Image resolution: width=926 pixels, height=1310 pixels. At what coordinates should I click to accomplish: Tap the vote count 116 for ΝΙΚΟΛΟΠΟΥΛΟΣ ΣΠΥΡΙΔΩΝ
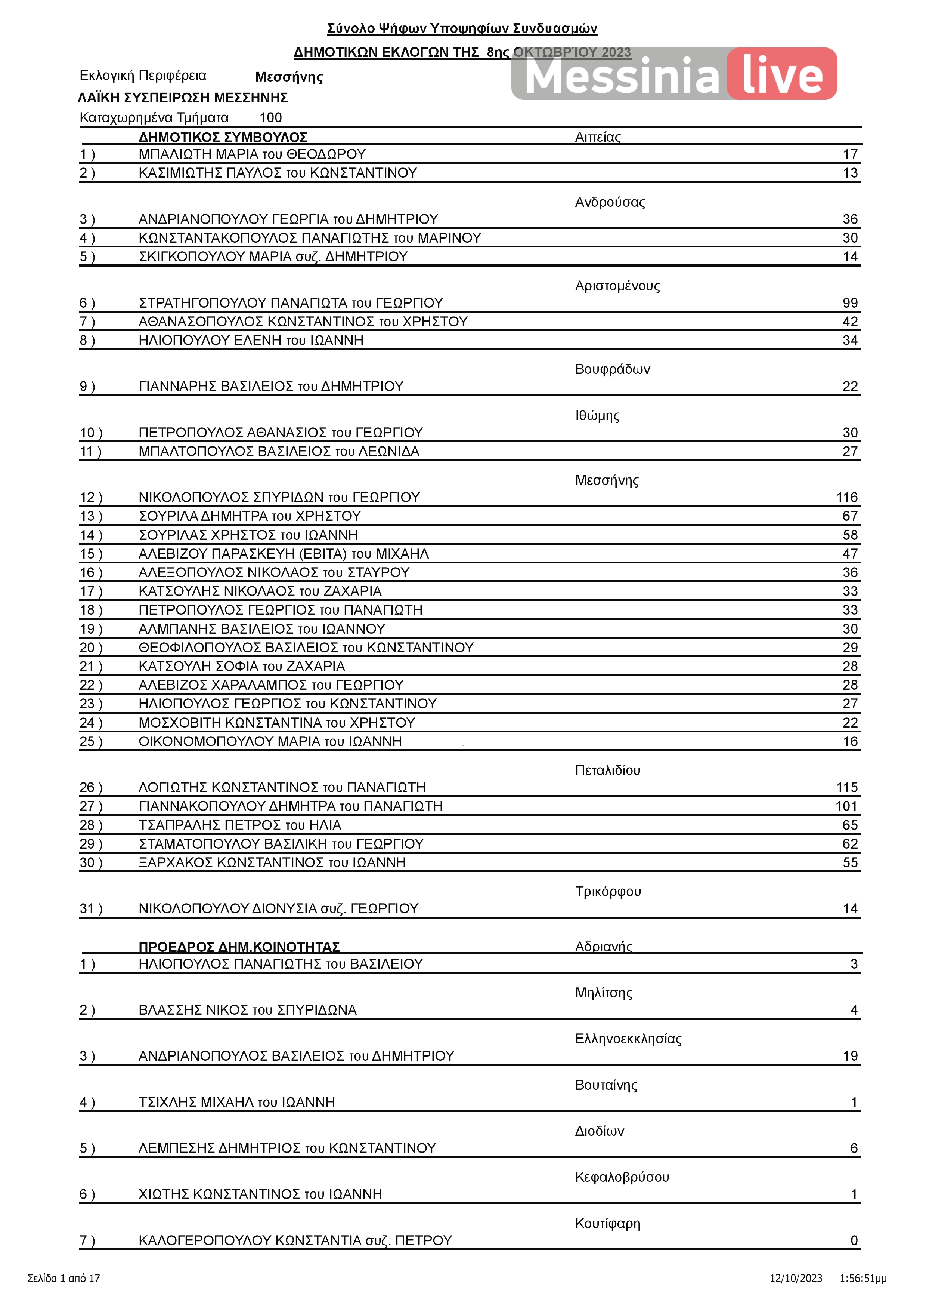pyautogui.click(x=847, y=498)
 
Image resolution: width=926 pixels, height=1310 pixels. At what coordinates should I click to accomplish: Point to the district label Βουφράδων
pyautogui.click(x=612, y=369)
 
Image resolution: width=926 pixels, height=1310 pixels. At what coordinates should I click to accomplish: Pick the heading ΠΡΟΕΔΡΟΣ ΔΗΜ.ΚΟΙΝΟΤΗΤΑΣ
pyautogui.click(x=239, y=947)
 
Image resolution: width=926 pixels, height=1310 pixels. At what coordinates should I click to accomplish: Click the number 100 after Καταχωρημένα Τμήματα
pyautogui.click(x=270, y=117)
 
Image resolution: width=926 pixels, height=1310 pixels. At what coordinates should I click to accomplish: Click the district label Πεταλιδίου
pyautogui.click(x=607, y=770)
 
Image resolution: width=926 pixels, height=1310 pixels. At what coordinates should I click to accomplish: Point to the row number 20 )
pyautogui.click(x=91, y=648)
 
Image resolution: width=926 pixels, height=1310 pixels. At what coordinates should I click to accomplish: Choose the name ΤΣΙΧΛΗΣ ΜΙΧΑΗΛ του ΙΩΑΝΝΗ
pyautogui.click(x=236, y=1102)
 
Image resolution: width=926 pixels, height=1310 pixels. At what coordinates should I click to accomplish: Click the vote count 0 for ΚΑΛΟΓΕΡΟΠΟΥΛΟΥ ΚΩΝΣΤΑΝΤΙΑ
pyautogui.click(x=854, y=1240)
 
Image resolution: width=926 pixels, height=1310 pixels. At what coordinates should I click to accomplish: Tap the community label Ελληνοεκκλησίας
pyautogui.click(x=628, y=1039)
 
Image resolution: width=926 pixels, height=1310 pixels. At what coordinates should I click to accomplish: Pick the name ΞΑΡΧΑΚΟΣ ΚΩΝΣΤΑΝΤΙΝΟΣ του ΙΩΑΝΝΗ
pyautogui.click(x=272, y=863)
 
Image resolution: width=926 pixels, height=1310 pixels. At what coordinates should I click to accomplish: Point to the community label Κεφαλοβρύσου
pyautogui.click(x=622, y=1177)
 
